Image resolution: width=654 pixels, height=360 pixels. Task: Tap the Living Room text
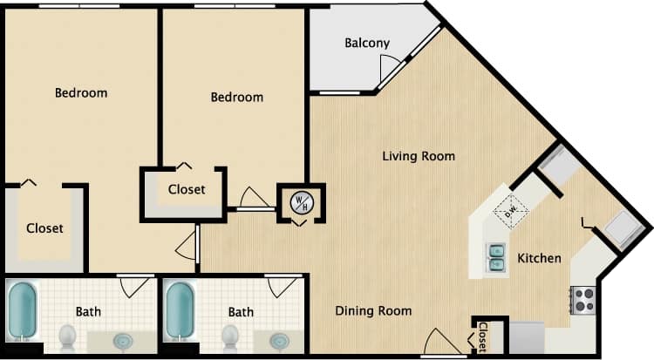click(x=419, y=157)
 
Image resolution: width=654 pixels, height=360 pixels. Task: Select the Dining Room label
click(x=373, y=311)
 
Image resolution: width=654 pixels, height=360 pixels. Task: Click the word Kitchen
click(x=539, y=259)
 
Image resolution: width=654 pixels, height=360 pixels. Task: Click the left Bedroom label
click(x=81, y=93)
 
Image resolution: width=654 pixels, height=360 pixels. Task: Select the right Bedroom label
click(x=236, y=98)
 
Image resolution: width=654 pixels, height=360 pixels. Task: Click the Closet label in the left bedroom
click(x=44, y=229)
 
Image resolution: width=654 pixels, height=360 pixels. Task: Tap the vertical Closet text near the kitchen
click(x=482, y=337)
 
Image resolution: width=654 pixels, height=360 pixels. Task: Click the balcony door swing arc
click(x=391, y=67)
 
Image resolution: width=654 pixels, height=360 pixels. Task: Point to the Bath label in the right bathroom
click(x=241, y=312)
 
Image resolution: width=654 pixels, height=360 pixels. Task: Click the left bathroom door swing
click(x=133, y=287)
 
